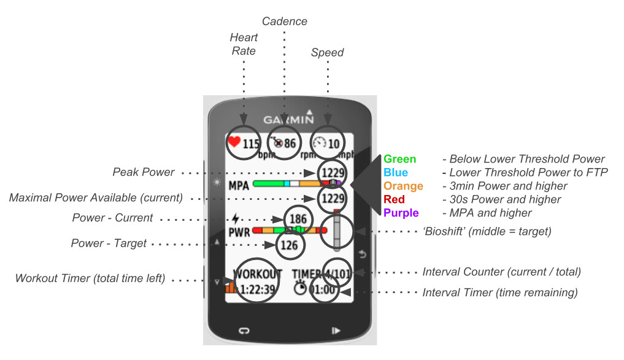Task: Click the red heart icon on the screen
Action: tap(234, 142)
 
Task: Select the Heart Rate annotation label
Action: tap(244, 44)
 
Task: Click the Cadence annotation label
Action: tap(285, 21)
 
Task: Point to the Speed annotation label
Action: tap(327, 52)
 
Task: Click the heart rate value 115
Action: tap(250, 144)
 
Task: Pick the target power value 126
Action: tap(289, 246)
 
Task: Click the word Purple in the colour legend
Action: tap(401, 213)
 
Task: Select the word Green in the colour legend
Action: tap(399, 159)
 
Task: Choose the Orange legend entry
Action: tap(403, 186)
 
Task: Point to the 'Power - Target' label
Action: tap(109, 243)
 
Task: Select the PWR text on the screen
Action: tap(239, 234)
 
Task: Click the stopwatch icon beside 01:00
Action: tap(299, 289)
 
